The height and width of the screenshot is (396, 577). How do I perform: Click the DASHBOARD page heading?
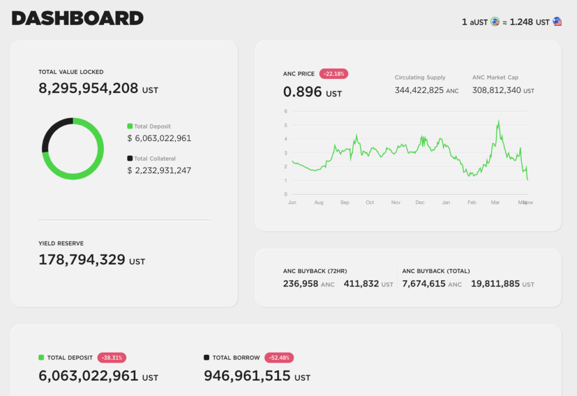coord(78,18)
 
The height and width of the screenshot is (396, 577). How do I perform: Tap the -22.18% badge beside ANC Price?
coord(334,74)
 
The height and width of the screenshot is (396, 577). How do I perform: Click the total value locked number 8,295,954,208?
coord(88,88)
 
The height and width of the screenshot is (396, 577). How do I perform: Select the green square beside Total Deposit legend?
coord(130,126)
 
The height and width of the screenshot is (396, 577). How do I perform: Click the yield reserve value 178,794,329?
coord(82,259)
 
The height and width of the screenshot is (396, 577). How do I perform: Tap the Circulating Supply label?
coord(420,77)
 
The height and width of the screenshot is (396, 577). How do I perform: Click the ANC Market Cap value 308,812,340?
coord(496,90)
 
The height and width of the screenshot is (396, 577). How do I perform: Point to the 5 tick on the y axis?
coord(286,125)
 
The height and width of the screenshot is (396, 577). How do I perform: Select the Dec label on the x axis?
coord(420,203)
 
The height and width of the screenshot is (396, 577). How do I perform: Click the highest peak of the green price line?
coord(498,120)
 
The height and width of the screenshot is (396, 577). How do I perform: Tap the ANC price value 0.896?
coord(303,92)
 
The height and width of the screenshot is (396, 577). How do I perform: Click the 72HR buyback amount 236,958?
coord(300,284)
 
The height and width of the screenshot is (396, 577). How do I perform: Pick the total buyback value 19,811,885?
coord(495,284)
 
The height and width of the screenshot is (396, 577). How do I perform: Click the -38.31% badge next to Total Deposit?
coord(112,358)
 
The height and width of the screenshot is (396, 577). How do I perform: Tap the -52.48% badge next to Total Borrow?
coord(279,358)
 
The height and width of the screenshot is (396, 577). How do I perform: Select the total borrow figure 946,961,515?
coord(247,376)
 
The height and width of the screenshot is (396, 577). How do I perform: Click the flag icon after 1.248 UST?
coord(557,22)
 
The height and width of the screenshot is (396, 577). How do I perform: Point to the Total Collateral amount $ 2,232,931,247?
coord(159,170)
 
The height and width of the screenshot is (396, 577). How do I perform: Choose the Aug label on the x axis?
coord(318,203)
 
